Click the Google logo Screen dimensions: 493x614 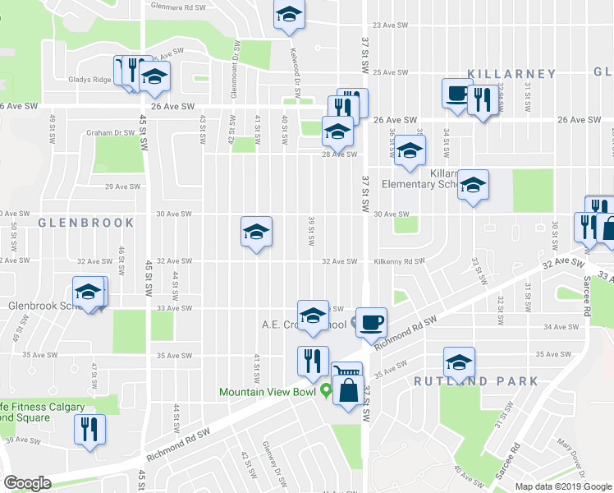(x=28, y=483)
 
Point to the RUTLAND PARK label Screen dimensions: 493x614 (x=476, y=381)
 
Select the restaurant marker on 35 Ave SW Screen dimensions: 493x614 (x=313, y=361)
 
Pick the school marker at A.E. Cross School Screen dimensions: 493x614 (x=312, y=315)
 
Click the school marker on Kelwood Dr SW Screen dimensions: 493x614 (x=288, y=15)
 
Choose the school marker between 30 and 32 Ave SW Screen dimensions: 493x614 (x=256, y=232)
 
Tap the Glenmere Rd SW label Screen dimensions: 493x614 (x=177, y=6)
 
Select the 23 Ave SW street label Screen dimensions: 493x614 (x=391, y=25)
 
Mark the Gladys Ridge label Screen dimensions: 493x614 (x=89, y=80)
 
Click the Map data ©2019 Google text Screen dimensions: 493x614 (x=562, y=486)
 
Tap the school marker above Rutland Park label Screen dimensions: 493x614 (x=459, y=361)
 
